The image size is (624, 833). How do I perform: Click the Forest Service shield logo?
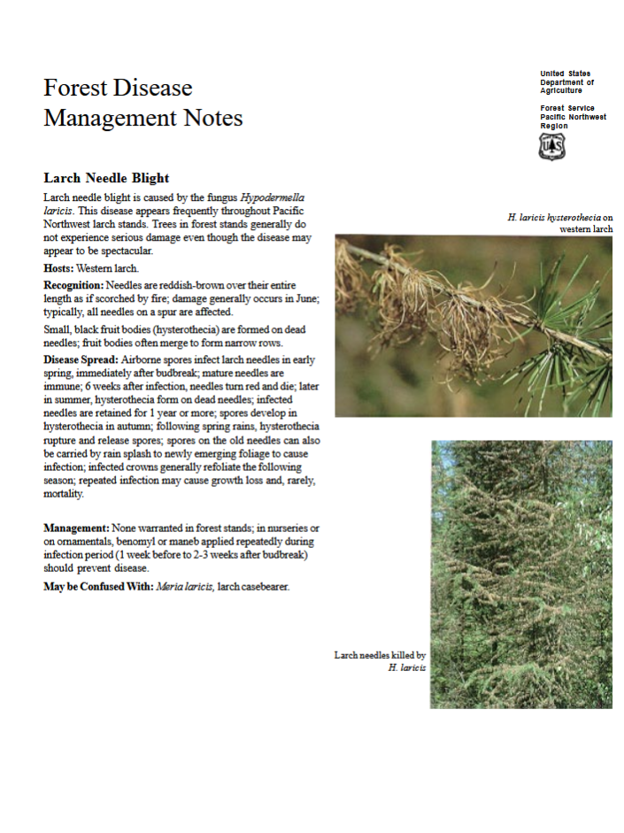coord(551,146)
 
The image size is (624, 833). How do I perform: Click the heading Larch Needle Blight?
coord(106,178)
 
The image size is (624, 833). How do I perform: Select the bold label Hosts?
coord(58,267)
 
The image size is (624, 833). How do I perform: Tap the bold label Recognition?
coord(73,285)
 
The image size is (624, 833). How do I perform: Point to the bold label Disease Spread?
coord(81,360)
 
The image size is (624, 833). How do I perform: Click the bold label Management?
coord(76,528)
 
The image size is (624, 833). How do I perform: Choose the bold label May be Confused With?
coord(97,586)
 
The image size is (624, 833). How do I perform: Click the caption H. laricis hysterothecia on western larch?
coord(561,222)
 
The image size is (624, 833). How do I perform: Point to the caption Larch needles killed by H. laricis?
coord(381,660)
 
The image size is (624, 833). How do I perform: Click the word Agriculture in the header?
coord(561,90)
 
